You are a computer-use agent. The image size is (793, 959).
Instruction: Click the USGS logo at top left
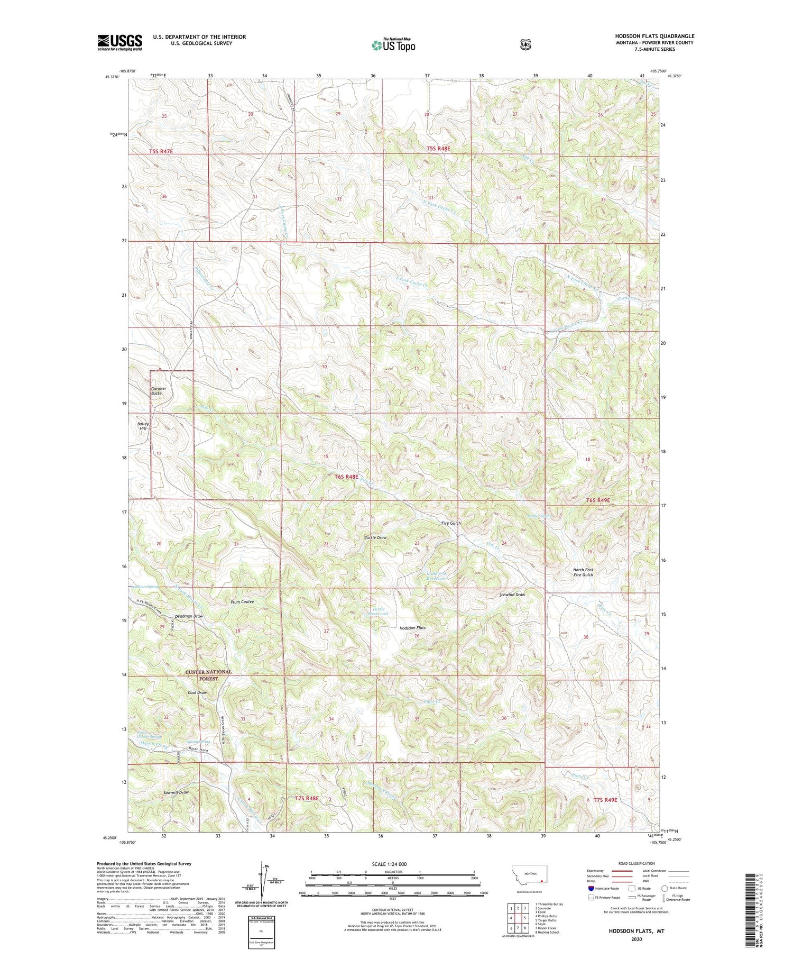click(119, 42)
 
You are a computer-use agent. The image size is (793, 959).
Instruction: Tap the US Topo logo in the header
click(393, 45)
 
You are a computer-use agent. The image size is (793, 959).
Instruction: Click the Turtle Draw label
click(375, 537)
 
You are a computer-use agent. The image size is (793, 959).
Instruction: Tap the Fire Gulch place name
click(451, 523)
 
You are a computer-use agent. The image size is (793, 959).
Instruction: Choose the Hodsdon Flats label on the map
click(412, 628)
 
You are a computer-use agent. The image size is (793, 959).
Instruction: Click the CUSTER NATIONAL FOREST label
click(208, 675)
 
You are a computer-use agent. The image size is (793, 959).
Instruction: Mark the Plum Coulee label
click(242, 602)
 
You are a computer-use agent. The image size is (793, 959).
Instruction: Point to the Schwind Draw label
click(512, 595)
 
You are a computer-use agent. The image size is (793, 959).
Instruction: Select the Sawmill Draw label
click(176, 792)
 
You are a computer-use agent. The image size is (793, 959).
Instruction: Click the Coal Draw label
click(197, 693)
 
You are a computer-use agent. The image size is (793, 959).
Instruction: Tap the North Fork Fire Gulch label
click(583, 572)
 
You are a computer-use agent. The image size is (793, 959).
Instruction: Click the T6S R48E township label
click(346, 477)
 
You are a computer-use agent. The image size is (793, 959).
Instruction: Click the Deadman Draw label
click(189, 616)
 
